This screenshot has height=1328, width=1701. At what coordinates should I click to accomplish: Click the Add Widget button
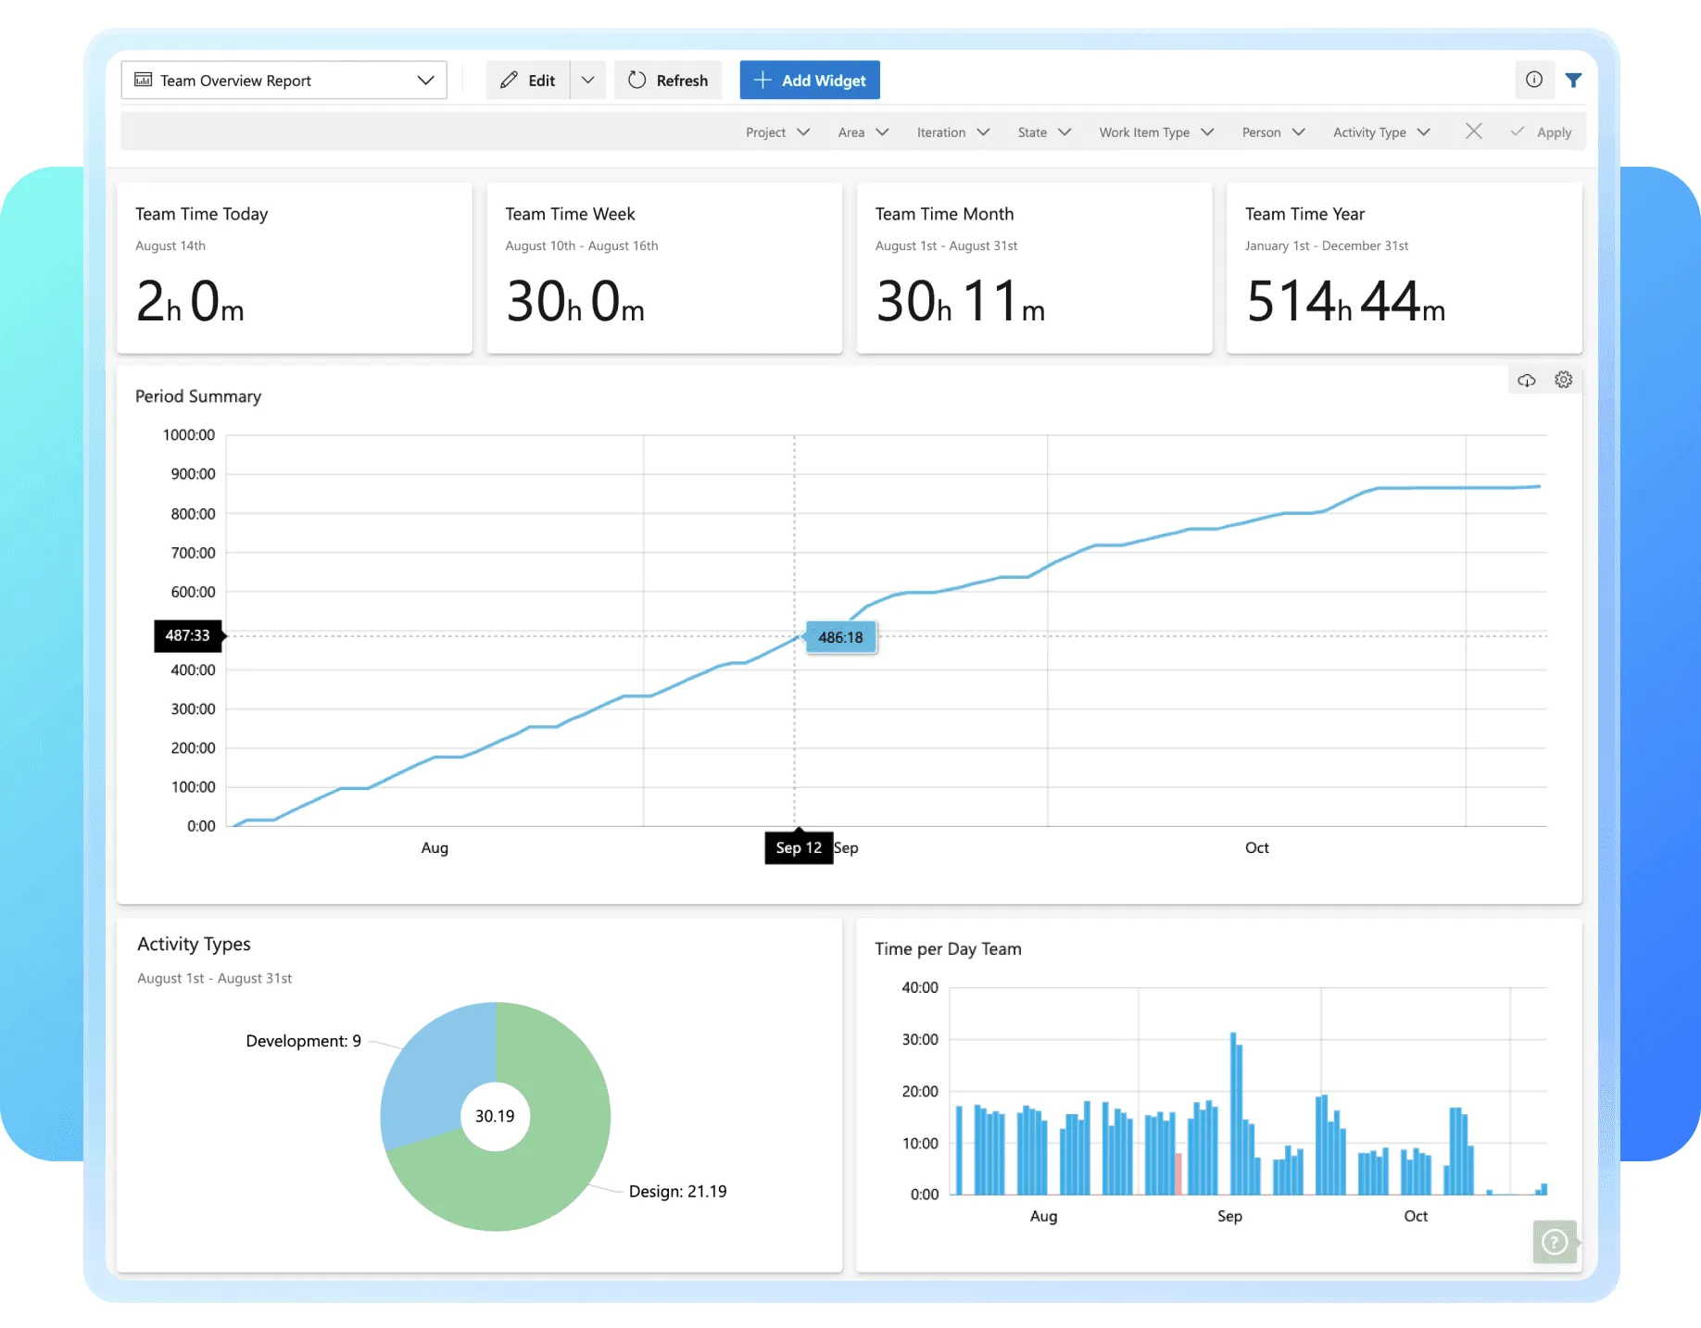[x=810, y=81]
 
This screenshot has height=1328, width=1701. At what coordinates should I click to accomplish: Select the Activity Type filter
[x=1380, y=132]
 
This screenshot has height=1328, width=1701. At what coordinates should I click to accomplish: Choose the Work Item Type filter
[x=1155, y=132]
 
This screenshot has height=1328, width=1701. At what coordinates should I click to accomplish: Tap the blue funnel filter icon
[x=1573, y=81]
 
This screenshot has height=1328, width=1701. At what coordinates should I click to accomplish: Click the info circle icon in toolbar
[x=1534, y=80]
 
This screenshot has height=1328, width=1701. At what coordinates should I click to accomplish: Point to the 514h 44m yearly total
[x=1345, y=302]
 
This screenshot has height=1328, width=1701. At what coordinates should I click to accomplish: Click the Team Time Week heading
[x=570, y=214]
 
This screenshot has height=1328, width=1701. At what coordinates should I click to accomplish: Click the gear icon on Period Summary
[x=1564, y=380]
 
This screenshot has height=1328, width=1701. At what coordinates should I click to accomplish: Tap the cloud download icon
[x=1527, y=380]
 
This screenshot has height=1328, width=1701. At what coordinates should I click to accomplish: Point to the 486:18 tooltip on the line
[x=840, y=637]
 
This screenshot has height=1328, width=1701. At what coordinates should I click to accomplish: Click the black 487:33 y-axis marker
[x=188, y=635]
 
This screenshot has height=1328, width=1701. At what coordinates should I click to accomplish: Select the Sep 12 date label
[x=799, y=847]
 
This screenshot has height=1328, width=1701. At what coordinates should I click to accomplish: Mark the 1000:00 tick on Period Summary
[x=189, y=435]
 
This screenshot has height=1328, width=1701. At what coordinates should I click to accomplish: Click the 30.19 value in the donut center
[x=495, y=1116]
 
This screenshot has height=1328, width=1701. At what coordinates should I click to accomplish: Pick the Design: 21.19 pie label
[x=677, y=1191]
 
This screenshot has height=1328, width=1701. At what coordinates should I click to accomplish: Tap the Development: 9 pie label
[x=303, y=1041]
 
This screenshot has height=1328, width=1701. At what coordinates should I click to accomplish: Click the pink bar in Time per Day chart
[x=1178, y=1173]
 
